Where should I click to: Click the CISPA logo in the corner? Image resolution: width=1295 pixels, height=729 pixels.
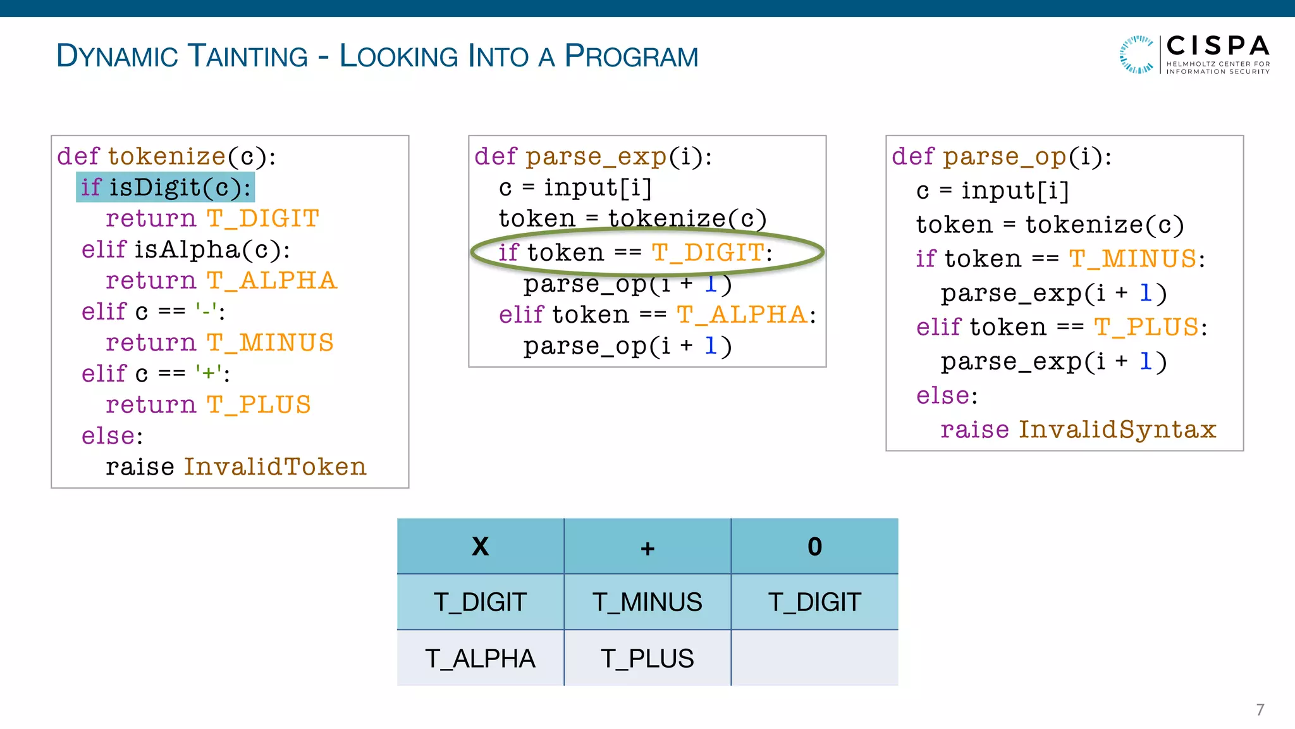[x=1194, y=54]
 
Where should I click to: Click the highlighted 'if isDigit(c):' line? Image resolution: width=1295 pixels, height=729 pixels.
[x=165, y=187]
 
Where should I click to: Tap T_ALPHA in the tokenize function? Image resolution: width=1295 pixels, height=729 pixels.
[x=272, y=280]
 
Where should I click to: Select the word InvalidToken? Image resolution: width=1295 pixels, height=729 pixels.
[x=275, y=467]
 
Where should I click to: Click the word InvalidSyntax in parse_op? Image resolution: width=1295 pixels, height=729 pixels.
[x=1117, y=430]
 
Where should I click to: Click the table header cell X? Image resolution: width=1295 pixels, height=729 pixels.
[x=481, y=546]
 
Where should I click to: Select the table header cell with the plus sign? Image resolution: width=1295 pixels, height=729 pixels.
[x=647, y=546]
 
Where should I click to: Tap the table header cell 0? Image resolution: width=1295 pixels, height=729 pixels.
[x=814, y=546]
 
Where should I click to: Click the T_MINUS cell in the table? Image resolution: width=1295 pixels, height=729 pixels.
[x=647, y=602]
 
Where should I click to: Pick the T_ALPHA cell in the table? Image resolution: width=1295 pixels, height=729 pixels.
[x=481, y=658]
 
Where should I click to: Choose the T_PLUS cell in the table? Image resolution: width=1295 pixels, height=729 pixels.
[x=647, y=658]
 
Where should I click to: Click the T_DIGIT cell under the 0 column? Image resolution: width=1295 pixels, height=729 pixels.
[x=814, y=602]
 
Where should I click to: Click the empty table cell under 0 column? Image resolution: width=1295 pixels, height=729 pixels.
[x=814, y=658]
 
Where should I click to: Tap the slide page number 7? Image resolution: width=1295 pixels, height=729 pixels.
[x=1260, y=709]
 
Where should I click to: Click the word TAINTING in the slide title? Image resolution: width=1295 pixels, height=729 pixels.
[x=248, y=56]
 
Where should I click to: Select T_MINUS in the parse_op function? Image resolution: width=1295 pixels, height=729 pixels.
[x=1132, y=259]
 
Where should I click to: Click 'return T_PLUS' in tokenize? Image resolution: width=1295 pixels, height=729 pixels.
[x=208, y=405]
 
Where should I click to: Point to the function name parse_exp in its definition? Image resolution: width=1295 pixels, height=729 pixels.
[x=596, y=156]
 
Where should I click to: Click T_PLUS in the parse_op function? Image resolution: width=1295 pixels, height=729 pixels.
[x=1146, y=327]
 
